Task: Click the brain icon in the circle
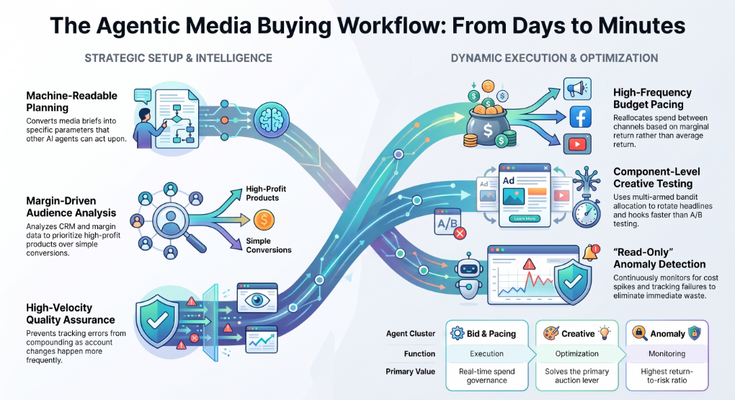coord(272,120)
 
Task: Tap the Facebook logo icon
coord(580,117)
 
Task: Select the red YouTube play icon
coord(577,144)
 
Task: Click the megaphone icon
coord(577,89)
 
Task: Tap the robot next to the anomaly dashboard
coord(468,276)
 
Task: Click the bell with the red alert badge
coord(592,253)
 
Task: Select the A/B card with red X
coord(450,223)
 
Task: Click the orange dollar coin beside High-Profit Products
coord(264,220)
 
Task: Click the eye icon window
coord(257,298)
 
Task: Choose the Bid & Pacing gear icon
coord(457,334)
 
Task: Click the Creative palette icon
coord(551,334)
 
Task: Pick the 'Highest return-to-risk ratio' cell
coord(667,375)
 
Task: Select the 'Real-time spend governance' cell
coord(486,375)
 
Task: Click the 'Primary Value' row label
coord(410,371)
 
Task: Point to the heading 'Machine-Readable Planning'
coord(72,102)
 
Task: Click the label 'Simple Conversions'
coord(269,245)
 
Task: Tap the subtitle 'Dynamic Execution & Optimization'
coord(554,58)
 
